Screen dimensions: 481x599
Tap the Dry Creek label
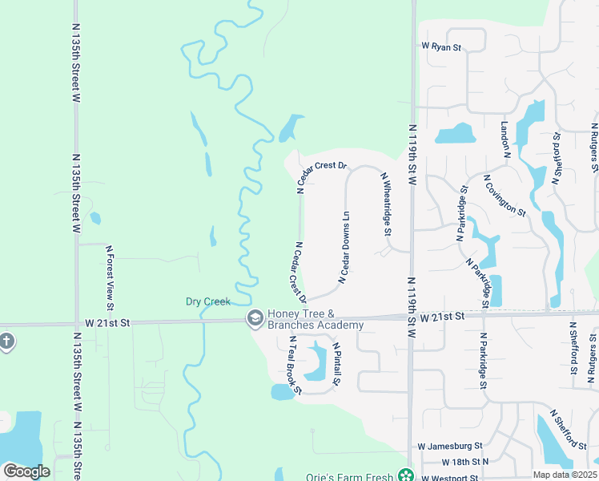click(208, 301)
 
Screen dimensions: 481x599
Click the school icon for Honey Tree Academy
click(255, 318)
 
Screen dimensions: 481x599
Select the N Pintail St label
click(336, 365)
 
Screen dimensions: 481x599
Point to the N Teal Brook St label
click(294, 365)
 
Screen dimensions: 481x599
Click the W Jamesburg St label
click(450, 446)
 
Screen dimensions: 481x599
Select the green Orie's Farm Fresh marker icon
click(406, 475)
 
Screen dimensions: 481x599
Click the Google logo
click(26, 471)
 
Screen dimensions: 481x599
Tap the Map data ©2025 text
click(565, 475)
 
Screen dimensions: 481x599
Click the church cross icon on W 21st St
click(6, 341)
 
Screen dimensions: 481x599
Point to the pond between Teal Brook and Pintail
click(317, 362)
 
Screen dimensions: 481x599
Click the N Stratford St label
click(557, 157)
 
